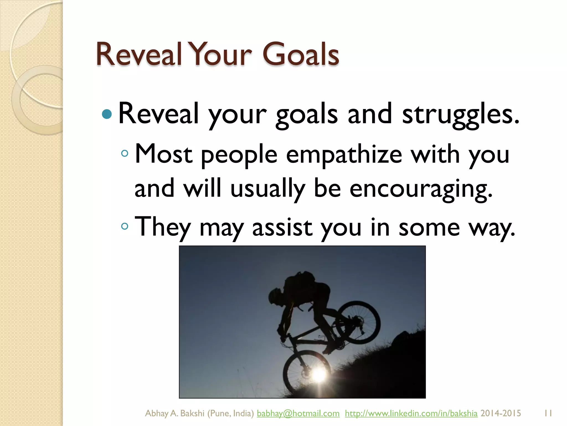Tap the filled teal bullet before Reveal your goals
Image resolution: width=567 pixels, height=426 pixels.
(x=107, y=114)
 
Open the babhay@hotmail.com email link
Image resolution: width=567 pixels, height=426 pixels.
(x=298, y=413)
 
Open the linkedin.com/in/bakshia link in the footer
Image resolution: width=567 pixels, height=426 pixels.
(x=411, y=413)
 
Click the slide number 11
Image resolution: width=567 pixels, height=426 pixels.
(x=548, y=413)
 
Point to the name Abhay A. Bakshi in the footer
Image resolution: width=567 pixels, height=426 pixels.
(x=175, y=413)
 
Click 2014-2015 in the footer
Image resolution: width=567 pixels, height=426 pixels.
(x=501, y=413)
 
